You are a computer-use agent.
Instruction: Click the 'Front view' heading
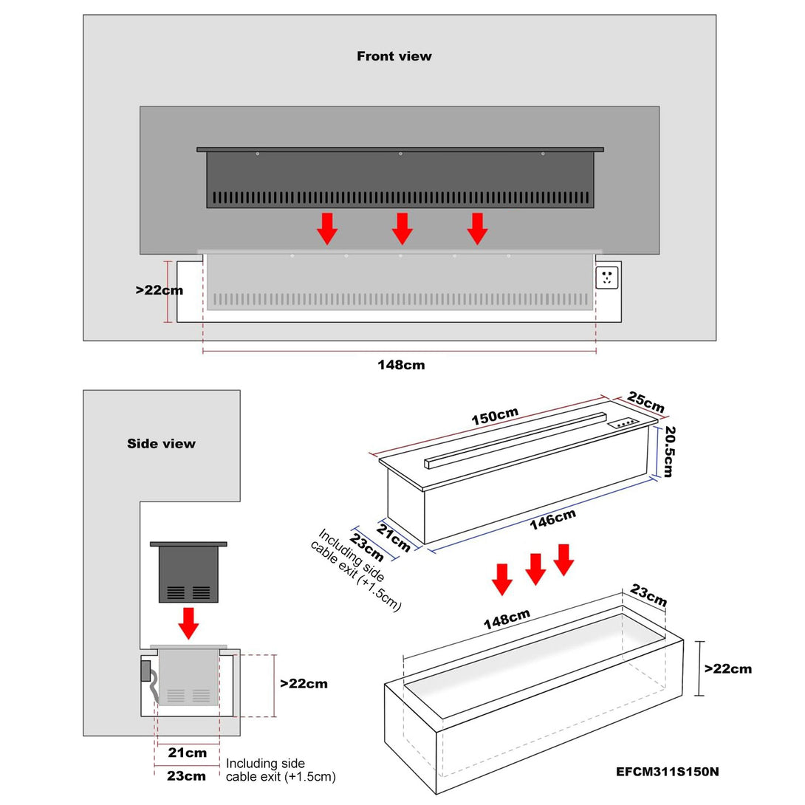pyautogui.click(x=394, y=56)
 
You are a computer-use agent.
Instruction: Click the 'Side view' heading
pyautogui.click(x=161, y=444)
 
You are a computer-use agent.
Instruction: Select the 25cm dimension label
pyautogui.click(x=646, y=402)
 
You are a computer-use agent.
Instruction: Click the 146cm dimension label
pyautogui.click(x=552, y=520)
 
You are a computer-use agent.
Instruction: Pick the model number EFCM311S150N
pyautogui.click(x=668, y=773)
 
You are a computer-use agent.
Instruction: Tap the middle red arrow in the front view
pyautogui.click(x=402, y=228)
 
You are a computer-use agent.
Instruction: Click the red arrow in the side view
pyautogui.click(x=189, y=623)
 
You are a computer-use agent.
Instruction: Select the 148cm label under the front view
pyautogui.click(x=401, y=365)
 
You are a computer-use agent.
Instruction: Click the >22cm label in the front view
pyautogui.click(x=159, y=290)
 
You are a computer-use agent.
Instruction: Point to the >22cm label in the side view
pyautogui.click(x=304, y=684)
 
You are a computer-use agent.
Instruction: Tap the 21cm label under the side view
pyautogui.click(x=187, y=753)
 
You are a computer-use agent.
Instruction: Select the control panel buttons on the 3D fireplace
pyautogui.click(x=624, y=424)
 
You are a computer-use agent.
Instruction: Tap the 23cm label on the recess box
pyautogui.click(x=648, y=596)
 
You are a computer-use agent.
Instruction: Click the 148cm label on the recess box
pyautogui.click(x=507, y=620)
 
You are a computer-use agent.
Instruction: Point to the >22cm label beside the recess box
pyautogui.click(x=728, y=668)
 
